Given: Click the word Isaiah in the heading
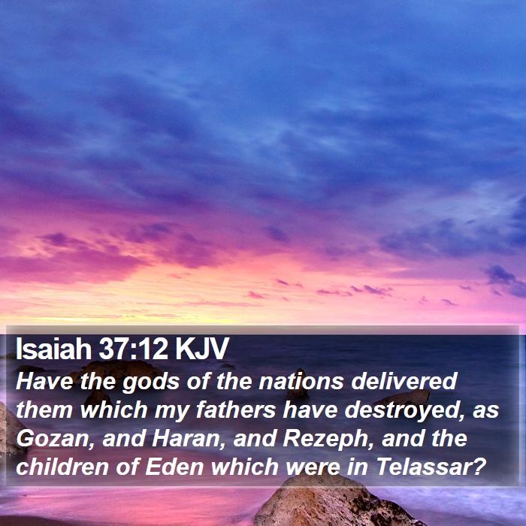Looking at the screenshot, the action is tap(53, 348).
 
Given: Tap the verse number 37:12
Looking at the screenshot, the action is tap(133, 348).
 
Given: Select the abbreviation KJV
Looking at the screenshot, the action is tap(202, 348).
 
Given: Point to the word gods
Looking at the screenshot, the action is tap(150, 382).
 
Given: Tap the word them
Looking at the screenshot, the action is tap(44, 410).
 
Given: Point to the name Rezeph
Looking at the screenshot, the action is tap(328, 439).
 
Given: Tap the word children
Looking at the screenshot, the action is tap(62, 467).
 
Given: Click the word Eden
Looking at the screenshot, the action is tap(174, 467).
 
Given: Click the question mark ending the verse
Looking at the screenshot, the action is tap(479, 467).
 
